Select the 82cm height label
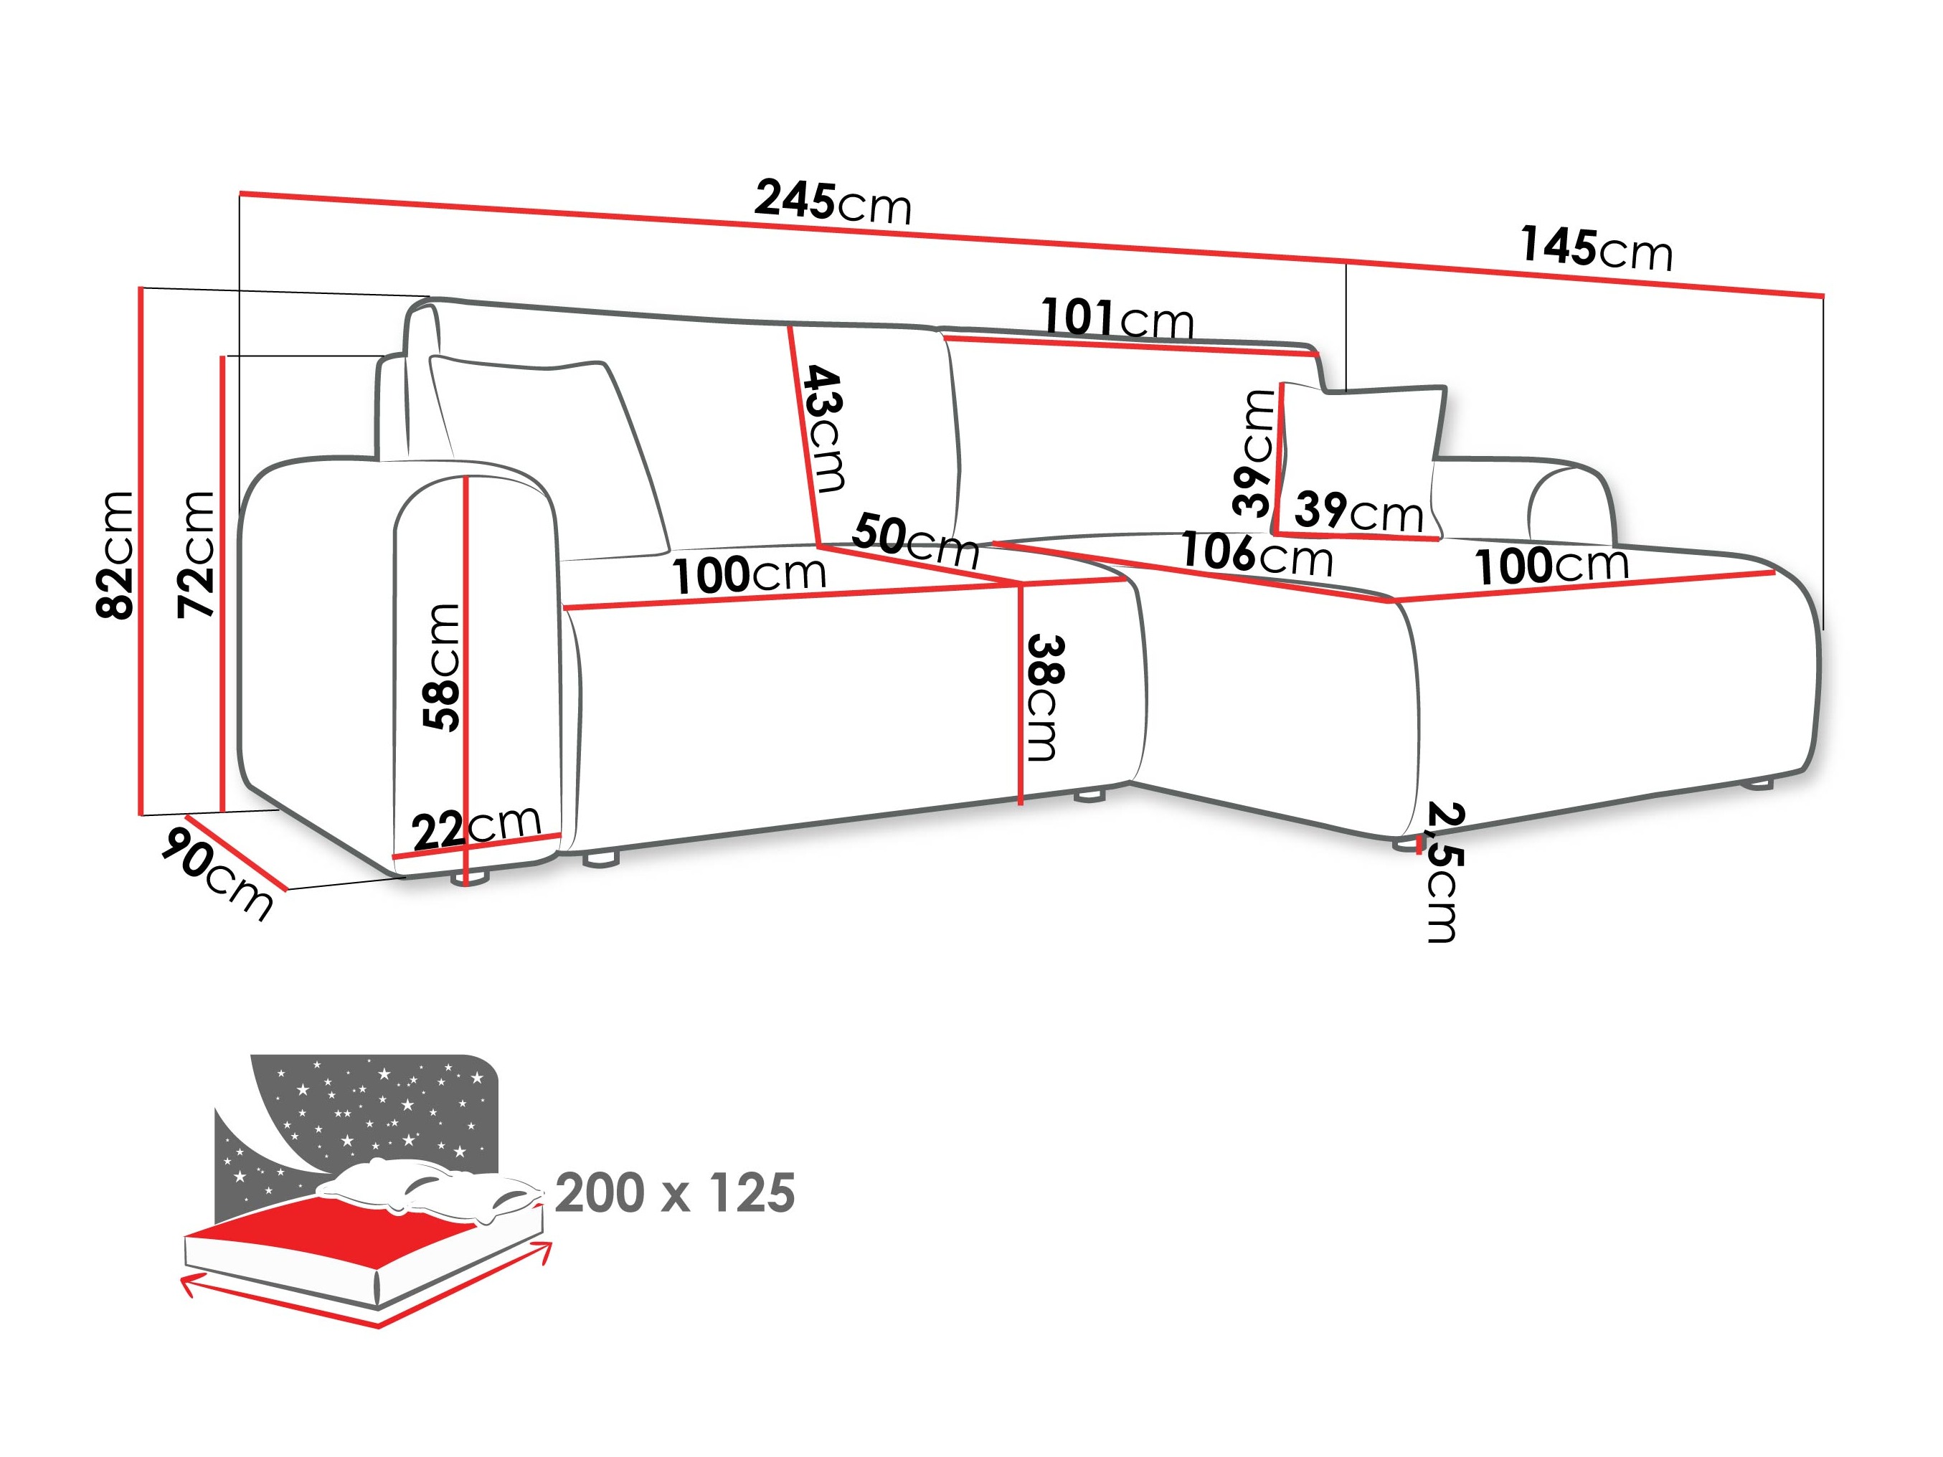point(116,554)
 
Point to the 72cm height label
point(197,554)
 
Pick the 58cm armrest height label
point(442,667)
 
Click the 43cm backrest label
point(824,429)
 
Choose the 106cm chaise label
point(1256,554)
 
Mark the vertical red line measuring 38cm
point(1021,694)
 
